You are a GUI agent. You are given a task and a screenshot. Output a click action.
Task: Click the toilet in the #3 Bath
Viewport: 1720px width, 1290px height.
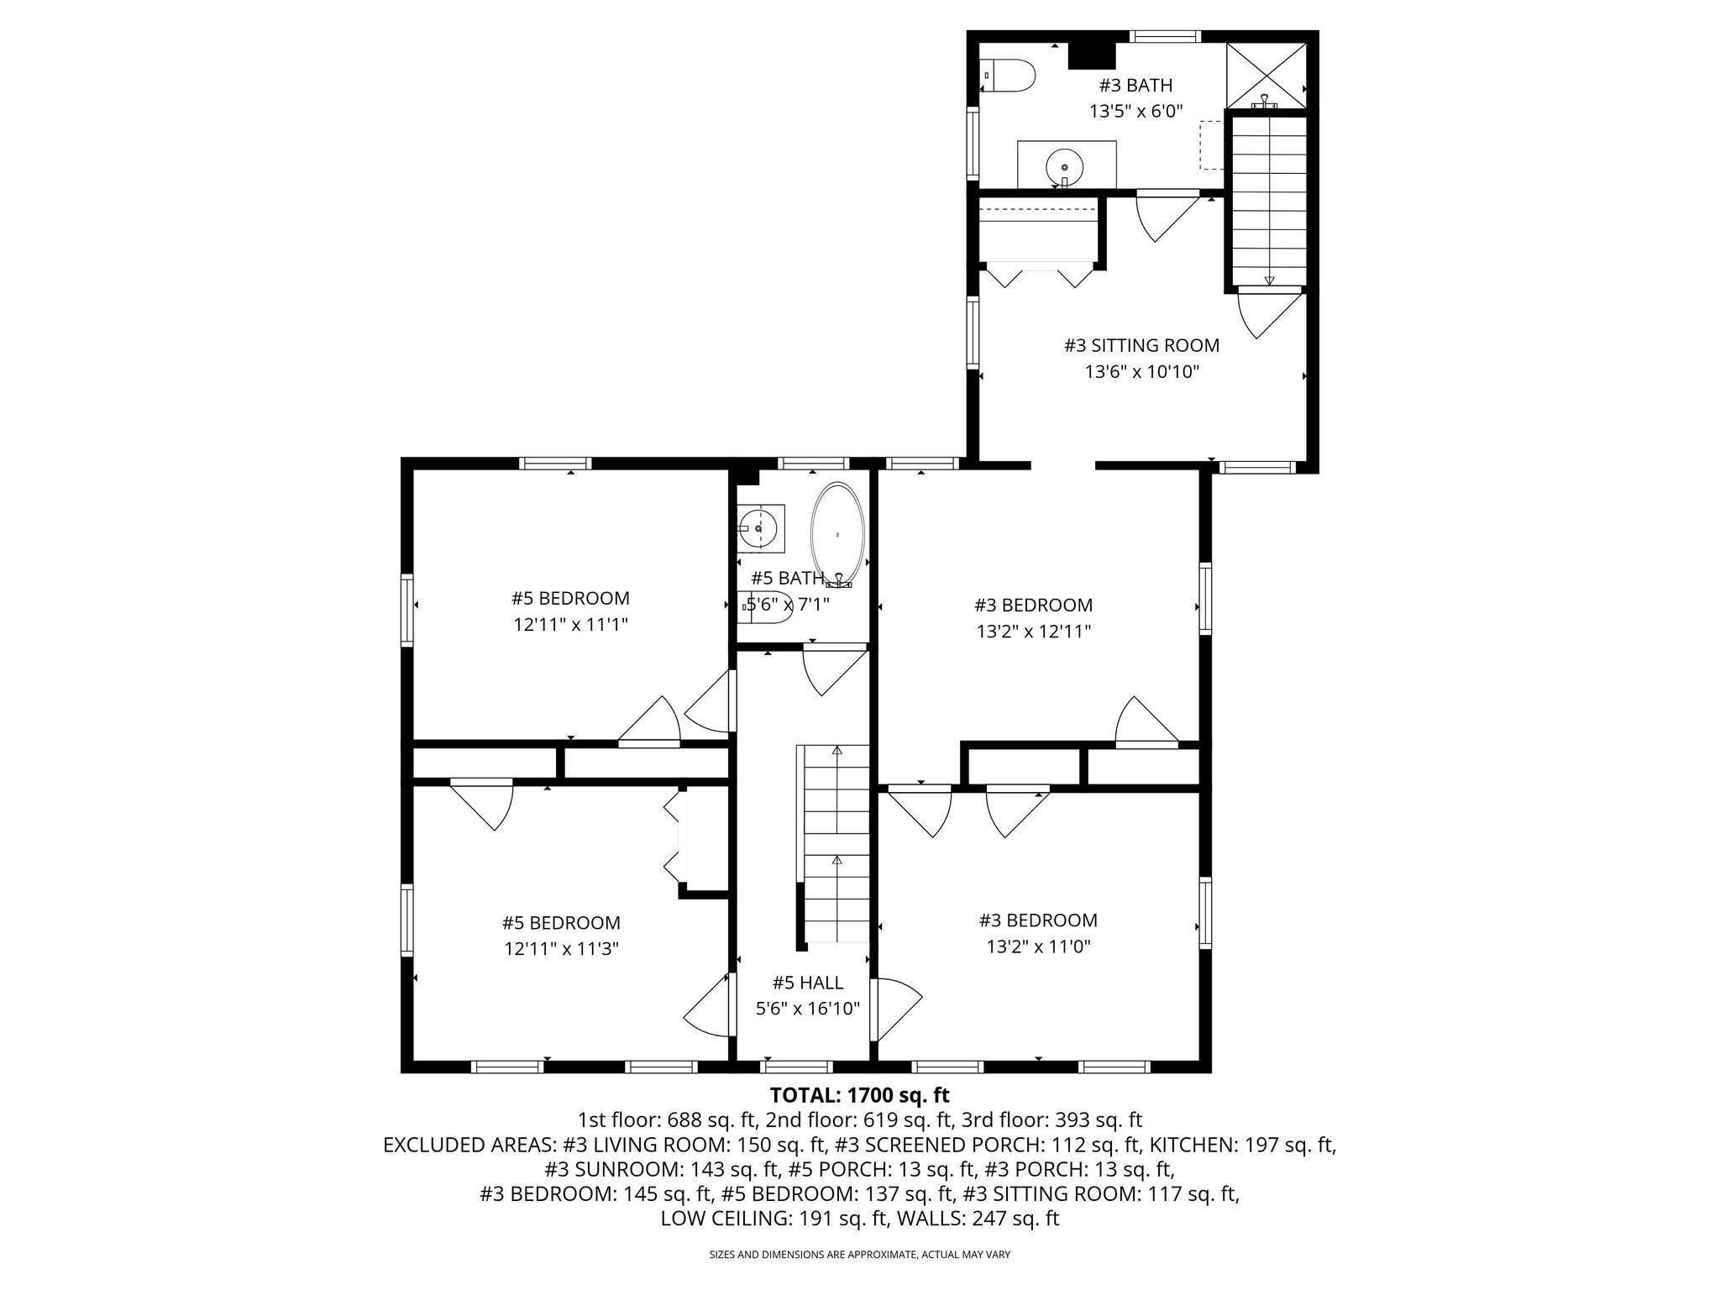coord(1009,76)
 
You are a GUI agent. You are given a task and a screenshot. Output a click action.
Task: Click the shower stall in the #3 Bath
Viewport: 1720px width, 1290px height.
coord(1266,75)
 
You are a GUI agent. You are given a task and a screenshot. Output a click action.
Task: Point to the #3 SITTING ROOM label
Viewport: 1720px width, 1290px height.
coord(1141,345)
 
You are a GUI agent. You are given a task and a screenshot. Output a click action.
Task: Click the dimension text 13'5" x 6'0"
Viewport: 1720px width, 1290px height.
coord(1135,111)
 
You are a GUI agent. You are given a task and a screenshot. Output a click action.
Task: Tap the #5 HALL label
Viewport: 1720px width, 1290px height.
coord(807,982)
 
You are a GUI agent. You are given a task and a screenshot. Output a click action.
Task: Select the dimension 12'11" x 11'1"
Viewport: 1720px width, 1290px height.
coord(570,624)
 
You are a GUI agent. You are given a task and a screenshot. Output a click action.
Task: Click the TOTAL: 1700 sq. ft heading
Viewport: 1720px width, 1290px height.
coord(859,1095)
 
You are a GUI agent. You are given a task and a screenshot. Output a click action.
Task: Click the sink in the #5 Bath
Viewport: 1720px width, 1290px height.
coord(761,528)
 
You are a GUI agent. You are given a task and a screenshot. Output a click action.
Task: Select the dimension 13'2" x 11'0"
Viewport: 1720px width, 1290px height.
coord(1038,947)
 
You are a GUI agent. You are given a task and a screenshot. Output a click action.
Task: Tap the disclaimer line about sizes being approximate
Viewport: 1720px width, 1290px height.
coord(859,1255)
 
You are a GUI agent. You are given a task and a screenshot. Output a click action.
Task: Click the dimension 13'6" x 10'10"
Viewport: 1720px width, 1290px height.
coord(1141,371)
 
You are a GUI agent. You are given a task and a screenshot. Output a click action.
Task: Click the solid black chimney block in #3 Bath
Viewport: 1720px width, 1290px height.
coord(1091,55)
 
